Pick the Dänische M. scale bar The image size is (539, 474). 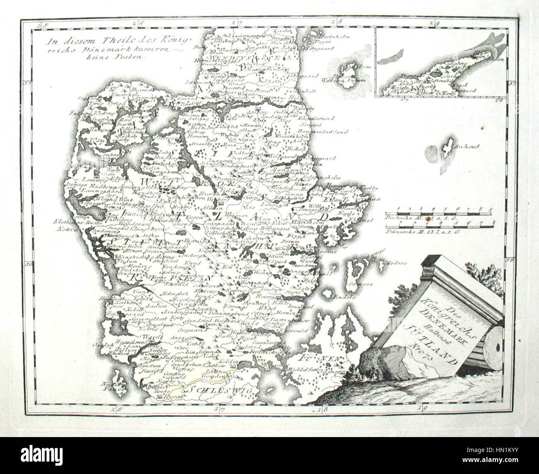coord(439,227)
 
